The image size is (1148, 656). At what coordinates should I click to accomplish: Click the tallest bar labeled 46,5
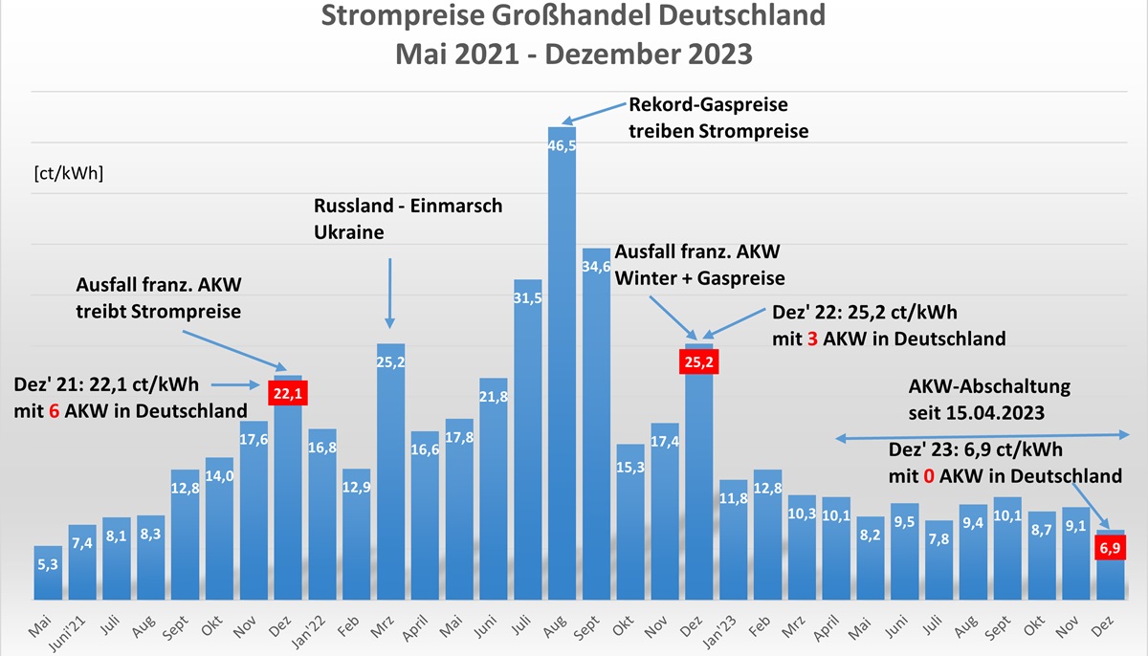(563, 363)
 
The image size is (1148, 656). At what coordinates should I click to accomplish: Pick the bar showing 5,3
(48, 574)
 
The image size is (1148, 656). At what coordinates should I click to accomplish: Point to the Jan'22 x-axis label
(321, 627)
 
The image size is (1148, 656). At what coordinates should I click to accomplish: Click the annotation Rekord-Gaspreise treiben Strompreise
(717, 118)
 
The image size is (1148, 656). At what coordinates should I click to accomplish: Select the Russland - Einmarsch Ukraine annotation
(408, 219)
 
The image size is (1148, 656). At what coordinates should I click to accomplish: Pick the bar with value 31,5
(528, 440)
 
